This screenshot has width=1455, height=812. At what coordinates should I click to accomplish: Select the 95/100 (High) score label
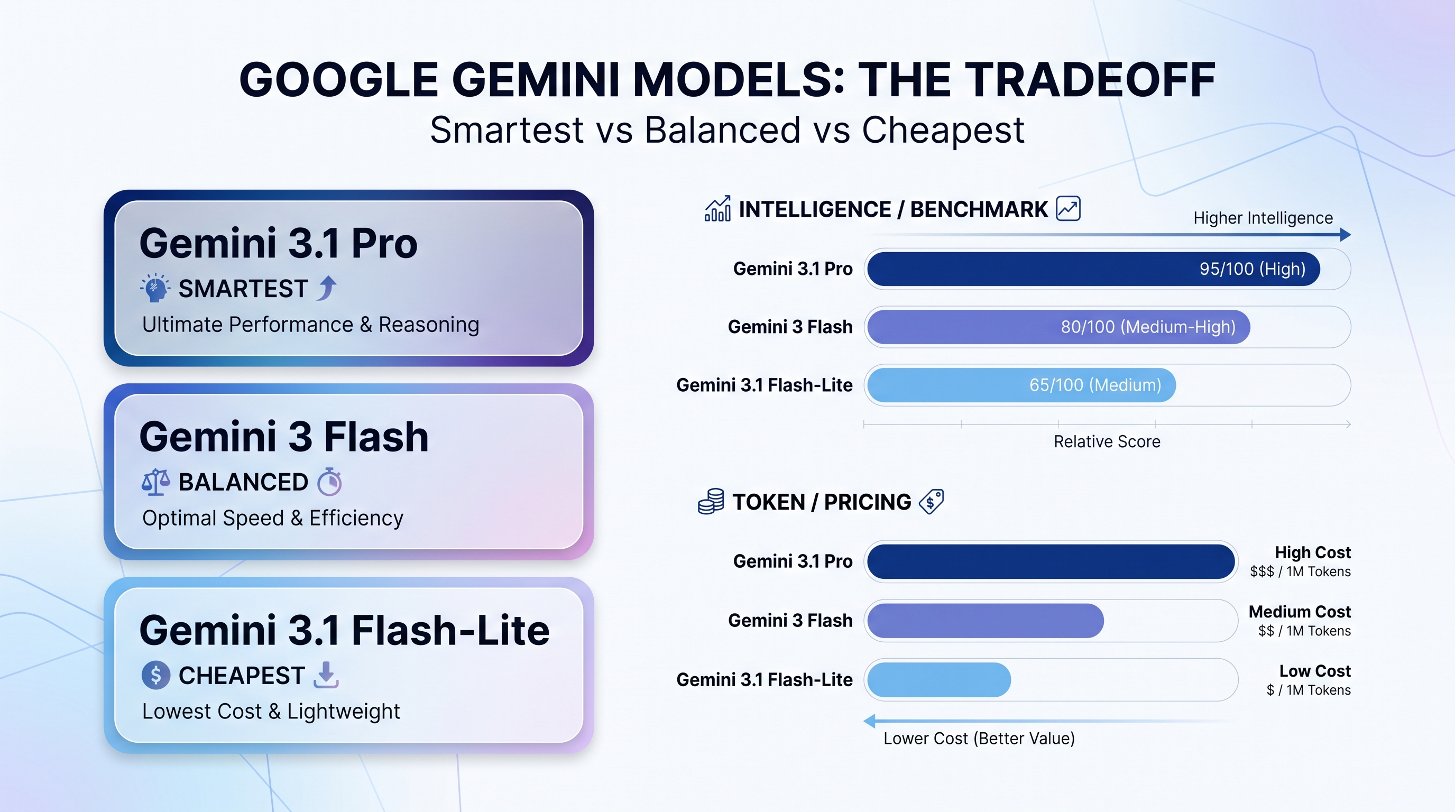pos(1251,269)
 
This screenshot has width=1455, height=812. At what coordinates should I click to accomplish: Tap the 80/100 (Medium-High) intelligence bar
pos(1057,327)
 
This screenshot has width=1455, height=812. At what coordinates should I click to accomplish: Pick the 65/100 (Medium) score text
pos(1094,385)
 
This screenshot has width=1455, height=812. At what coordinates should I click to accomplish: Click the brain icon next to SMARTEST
pos(155,288)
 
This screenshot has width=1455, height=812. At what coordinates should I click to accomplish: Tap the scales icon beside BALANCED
pos(155,482)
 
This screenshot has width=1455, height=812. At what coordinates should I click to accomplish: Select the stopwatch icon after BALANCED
pos(329,482)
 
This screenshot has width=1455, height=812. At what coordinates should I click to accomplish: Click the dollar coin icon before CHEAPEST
pos(156,676)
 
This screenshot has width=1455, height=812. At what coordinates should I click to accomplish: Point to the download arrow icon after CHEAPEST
pos(326,676)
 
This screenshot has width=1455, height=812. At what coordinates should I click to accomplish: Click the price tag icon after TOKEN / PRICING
pos(932,502)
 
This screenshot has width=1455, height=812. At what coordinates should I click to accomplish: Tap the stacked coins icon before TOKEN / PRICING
pos(711,502)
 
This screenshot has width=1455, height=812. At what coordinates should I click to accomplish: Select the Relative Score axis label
pos(1107,441)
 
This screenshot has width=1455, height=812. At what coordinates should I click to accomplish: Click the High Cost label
pos(1312,552)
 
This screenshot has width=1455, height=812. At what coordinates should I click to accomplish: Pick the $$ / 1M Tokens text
pos(1304,631)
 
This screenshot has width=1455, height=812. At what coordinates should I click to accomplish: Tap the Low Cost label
pos(1314,671)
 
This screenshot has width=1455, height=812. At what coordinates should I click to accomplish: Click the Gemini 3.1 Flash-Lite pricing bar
pos(939,680)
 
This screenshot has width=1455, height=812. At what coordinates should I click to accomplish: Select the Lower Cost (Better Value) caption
pos(978,739)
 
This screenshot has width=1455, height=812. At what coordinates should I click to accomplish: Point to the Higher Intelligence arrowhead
pos(1345,235)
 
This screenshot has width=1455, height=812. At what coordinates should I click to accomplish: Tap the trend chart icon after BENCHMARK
pos(1068,209)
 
